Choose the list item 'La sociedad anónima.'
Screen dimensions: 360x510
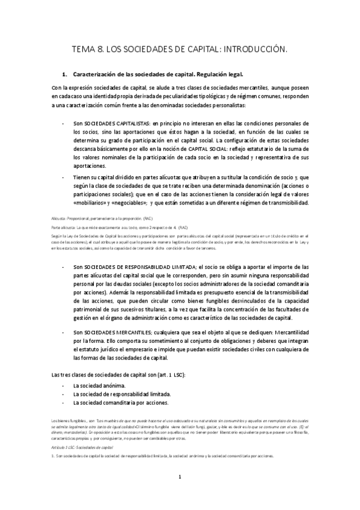point(99,385)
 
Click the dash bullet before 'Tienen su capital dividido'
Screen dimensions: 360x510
point(64,177)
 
